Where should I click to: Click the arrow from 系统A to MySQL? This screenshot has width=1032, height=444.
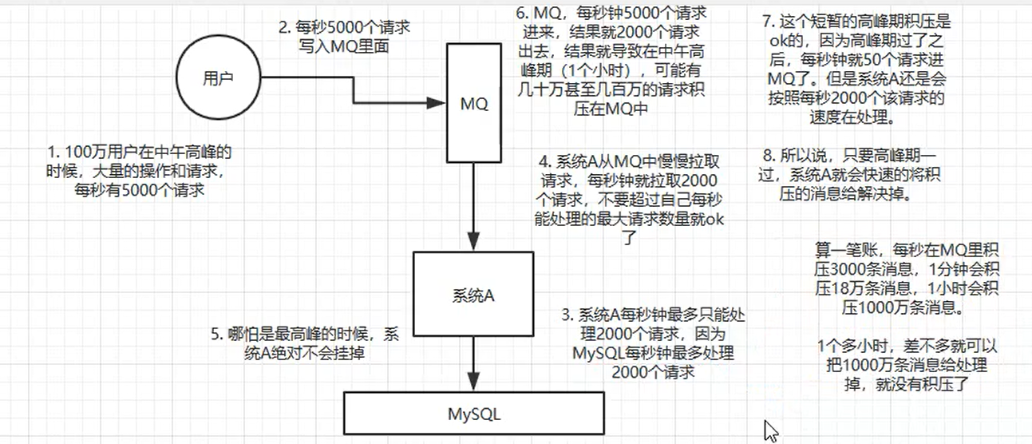coord(473,364)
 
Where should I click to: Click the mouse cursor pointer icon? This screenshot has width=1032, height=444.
coord(771,432)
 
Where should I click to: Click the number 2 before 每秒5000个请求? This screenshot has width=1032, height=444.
coord(283,26)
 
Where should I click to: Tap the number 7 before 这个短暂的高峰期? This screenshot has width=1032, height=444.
coord(766,20)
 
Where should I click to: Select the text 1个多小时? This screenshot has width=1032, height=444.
coord(847,348)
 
